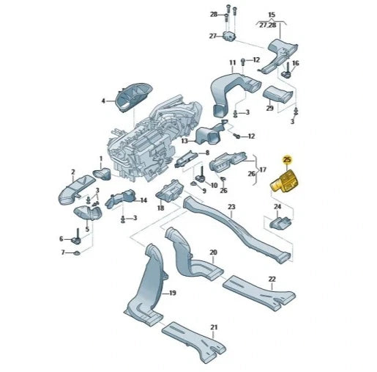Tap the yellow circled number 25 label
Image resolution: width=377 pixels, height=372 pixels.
click(x=287, y=159)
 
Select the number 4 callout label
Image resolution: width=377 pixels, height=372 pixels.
click(x=103, y=101)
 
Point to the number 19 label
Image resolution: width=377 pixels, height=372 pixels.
click(x=173, y=293)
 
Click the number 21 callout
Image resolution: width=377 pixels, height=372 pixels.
click(x=214, y=327)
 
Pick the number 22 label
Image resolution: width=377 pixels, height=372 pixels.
click(x=272, y=279)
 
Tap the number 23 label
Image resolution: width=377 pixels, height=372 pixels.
click(x=231, y=207)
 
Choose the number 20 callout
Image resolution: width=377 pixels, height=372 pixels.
click(x=213, y=252)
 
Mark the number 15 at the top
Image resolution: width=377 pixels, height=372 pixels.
click(x=271, y=15)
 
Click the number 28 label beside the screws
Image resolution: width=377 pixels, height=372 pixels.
click(x=213, y=15)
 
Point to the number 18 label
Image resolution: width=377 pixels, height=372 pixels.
click(x=160, y=208)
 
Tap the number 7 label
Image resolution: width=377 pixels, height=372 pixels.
click(x=61, y=252)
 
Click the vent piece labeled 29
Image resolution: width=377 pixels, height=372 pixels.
click(x=277, y=93)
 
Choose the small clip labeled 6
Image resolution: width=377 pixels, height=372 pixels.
click(x=75, y=238)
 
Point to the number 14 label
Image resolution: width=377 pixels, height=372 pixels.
click(x=143, y=200)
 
